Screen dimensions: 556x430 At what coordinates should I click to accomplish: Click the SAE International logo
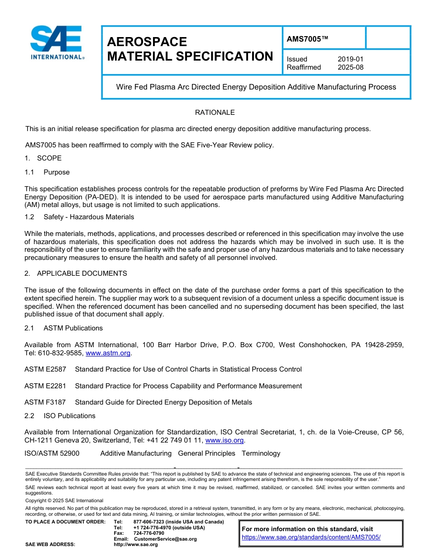(57, 43)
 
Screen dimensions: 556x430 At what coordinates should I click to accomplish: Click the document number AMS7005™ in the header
(307, 39)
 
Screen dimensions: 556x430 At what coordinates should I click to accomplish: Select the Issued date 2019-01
(350, 59)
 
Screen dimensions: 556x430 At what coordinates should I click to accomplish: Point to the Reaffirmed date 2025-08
(350, 67)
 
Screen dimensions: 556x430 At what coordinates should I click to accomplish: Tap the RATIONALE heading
(215, 113)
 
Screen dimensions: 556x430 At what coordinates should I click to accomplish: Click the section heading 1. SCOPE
(43, 158)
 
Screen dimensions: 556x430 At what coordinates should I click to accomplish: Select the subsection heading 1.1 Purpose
(47, 172)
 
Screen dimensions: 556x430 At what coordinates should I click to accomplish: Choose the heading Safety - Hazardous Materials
(89, 217)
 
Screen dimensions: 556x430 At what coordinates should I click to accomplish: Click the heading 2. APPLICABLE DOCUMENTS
(76, 273)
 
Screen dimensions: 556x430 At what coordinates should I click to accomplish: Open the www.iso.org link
(225, 440)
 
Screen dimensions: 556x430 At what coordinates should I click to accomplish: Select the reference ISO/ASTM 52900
(52, 453)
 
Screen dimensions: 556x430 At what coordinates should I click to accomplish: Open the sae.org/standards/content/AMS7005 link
(311, 537)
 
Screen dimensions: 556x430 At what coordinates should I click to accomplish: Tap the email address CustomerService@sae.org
(165, 539)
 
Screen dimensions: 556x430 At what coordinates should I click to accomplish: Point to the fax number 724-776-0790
(148, 533)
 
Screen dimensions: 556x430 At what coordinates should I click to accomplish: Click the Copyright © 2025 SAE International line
(64, 500)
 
